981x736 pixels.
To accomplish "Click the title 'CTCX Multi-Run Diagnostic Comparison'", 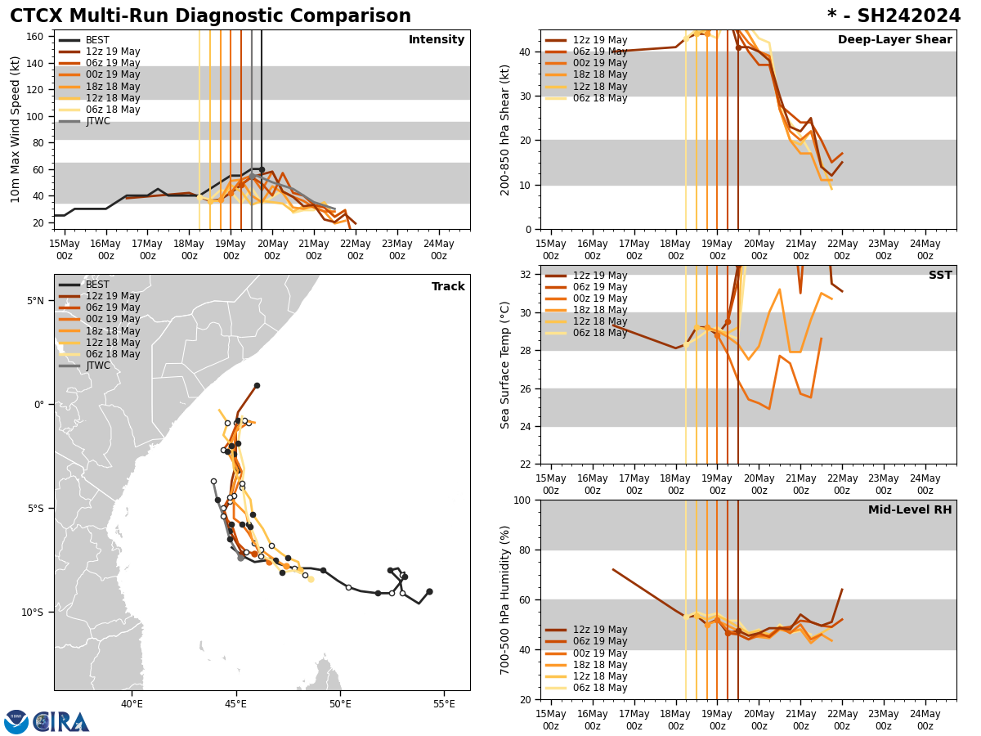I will [210, 16].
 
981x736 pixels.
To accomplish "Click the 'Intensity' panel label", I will [437, 40].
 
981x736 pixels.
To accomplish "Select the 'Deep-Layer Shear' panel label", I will [894, 40].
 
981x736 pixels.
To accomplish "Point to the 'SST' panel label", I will [940, 276].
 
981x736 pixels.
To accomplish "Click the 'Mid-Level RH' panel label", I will [910, 510].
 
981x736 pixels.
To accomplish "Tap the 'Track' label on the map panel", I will [448, 287].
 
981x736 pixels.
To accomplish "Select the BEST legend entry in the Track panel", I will [97, 285].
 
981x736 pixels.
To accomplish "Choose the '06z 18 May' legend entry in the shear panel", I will [600, 98].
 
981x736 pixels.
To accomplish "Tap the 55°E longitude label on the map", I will [444, 705].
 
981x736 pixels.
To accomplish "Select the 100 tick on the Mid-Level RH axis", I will [521, 500].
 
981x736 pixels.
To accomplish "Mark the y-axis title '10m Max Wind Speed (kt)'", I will [16, 129].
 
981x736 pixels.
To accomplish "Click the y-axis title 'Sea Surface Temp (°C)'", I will [505, 365].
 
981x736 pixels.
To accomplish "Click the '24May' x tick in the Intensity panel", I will [439, 249].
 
